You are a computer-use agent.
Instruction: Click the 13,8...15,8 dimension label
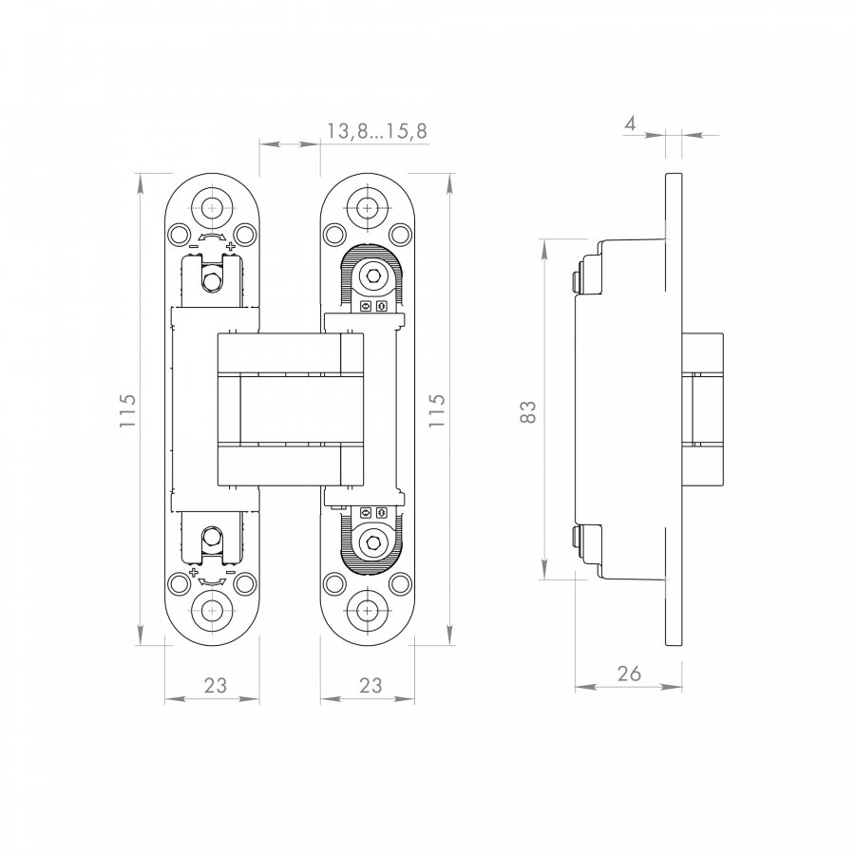pos(377,131)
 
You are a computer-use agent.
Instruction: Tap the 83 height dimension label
pos(528,411)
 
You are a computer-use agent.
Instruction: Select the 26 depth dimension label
pos(629,674)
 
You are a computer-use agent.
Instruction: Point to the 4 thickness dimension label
pos(630,123)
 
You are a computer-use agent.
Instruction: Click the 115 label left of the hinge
pos(127,410)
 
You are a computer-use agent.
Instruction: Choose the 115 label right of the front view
pos(437,410)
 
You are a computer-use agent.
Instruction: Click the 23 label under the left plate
pos(216,685)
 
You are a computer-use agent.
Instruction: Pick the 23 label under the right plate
pos(370,685)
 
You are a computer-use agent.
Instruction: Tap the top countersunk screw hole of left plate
pos(212,208)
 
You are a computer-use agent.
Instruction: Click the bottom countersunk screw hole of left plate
pos(212,610)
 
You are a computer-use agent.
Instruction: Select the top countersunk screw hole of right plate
pos(368,208)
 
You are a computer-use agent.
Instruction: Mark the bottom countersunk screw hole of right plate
pos(368,610)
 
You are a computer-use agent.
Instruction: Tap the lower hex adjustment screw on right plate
pos(372,542)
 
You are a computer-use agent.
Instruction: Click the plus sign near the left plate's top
pos(230,246)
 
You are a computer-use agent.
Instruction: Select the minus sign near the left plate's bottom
pos(231,572)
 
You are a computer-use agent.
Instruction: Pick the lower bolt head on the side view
pos(576,538)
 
